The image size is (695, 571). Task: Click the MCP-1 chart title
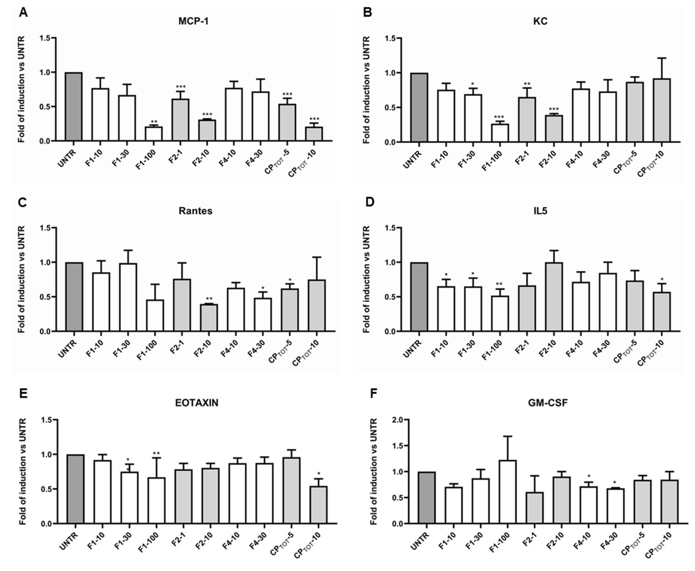[193, 21]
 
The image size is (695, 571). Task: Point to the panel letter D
[370, 202]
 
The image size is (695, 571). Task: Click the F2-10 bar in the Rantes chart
[209, 317]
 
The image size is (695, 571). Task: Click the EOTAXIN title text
[196, 403]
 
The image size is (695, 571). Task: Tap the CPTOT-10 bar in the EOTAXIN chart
[319, 505]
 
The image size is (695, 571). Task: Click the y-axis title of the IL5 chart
[366, 279]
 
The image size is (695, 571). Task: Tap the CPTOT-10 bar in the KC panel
[661, 110]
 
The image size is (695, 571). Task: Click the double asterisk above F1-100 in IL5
[499, 284]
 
